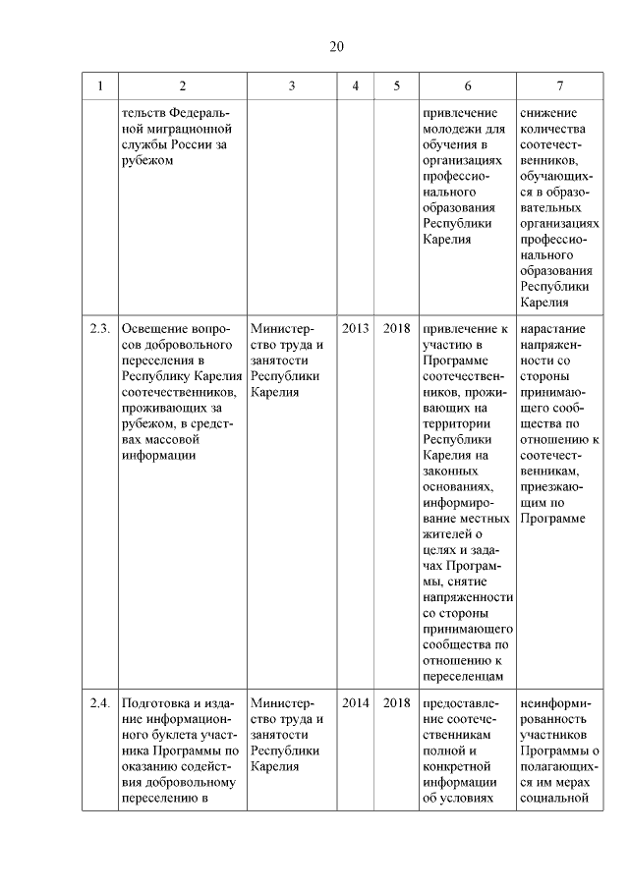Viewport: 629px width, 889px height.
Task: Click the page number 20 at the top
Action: pyautogui.click(x=336, y=47)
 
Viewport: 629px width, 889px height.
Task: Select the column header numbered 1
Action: pyautogui.click(x=98, y=85)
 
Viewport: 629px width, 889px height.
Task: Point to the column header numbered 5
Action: pyautogui.click(x=396, y=85)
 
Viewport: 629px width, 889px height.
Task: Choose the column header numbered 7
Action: pyautogui.click(x=559, y=85)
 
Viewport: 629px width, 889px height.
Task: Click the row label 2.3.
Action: pyautogui.click(x=98, y=329)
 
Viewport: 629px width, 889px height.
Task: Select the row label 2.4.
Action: pyautogui.click(x=98, y=703)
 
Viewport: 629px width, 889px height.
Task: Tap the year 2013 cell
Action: pyautogui.click(x=355, y=329)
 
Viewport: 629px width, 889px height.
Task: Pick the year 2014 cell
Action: pyautogui.click(x=355, y=703)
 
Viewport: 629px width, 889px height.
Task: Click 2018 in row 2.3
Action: pyautogui.click(x=396, y=329)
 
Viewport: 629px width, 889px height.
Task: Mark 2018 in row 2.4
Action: pyautogui.click(x=396, y=703)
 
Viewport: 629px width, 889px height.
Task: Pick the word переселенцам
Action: pyautogui.click(x=462, y=676)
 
